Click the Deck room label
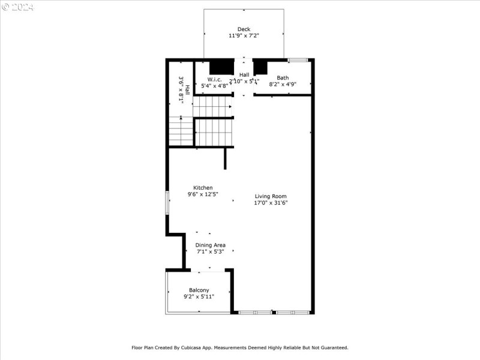[x=244, y=29]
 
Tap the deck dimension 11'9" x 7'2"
[x=244, y=36]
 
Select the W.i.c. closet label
[x=215, y=79]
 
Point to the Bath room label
[x=283, y=78]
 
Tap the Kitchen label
[x=203, y=188]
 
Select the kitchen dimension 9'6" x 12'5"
[x=203, y=194]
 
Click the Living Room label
[x=271, y=196]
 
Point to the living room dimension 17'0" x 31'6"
[x=271, y=203]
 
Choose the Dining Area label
[x=210, y=245]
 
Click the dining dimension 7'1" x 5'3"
[x=210, y=251]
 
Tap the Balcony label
[x=199, y=290]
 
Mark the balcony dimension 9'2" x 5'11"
[x=199, y=296]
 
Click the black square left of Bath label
[x=260, y=67]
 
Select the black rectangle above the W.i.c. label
[x=221, y=66]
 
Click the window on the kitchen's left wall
[x=167, y=203]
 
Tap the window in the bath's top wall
[x=298, y=60]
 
